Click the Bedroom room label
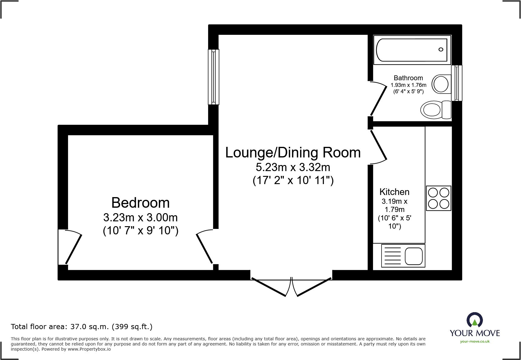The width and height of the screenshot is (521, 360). point(140,203)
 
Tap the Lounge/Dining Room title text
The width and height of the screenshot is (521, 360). point(293,153)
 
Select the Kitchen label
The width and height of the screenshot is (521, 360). point(394,192)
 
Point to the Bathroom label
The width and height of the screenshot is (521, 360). point(408,78)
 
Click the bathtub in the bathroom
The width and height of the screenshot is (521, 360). point(412,50)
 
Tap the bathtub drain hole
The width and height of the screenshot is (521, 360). point(441,50)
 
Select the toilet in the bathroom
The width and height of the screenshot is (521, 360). point(435,110)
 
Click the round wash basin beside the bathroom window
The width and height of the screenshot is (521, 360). point(441,84)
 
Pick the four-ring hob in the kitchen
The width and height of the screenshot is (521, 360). point(438,198)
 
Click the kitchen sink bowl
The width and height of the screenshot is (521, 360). point(413,256)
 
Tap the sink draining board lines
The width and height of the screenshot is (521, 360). point(392,256)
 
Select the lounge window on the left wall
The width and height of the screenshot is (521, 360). point(213,77)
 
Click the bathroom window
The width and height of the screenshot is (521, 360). point(457,83)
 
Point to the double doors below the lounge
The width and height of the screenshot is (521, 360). point(291,286)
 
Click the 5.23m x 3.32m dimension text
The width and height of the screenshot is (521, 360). point(293,167)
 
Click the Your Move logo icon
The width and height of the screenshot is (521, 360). point(474,319)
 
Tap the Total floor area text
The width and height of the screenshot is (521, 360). point(82,327)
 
